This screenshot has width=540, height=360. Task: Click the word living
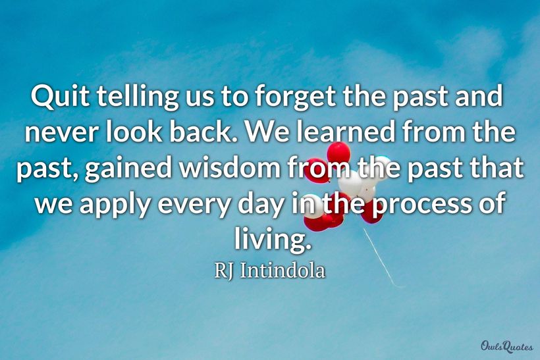point(273,239)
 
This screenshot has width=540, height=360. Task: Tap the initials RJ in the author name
point(224,270)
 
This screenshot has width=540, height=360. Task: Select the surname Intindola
point(283,270)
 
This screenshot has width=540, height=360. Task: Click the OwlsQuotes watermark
point(507,346)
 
